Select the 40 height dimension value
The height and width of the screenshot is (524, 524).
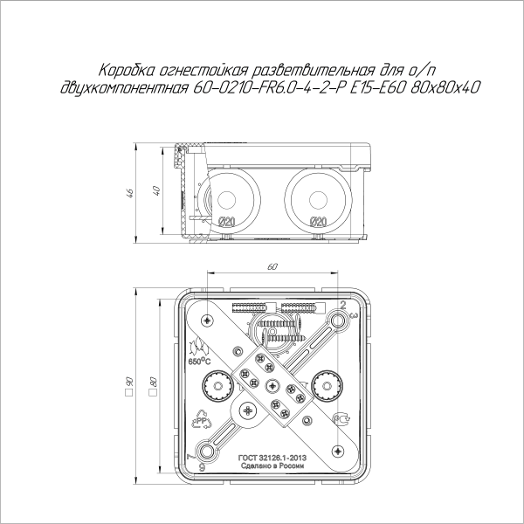tap(155, 190)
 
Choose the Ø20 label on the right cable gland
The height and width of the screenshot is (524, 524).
tap(318, 222)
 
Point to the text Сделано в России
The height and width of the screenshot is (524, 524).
tap(272, 466)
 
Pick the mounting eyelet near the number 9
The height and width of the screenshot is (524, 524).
tap(208, 451)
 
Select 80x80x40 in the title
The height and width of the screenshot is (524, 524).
tap(445, 87)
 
